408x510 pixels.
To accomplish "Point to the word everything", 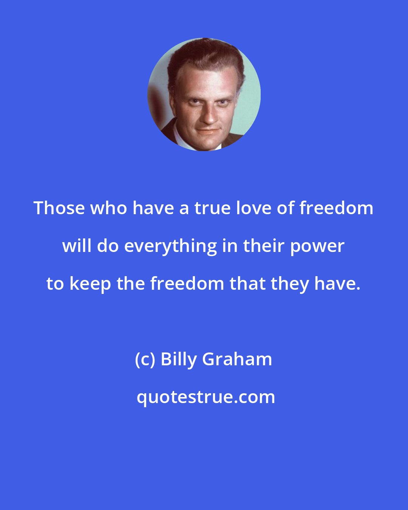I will tap(170, 246).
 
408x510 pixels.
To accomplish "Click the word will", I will tap(77, 246).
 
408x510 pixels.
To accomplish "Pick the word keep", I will tap(89, 284).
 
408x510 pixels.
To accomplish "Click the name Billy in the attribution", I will tap(179, 359).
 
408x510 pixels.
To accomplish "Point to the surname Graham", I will tap(237, 359).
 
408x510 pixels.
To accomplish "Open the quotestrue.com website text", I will tap(206, 397).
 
